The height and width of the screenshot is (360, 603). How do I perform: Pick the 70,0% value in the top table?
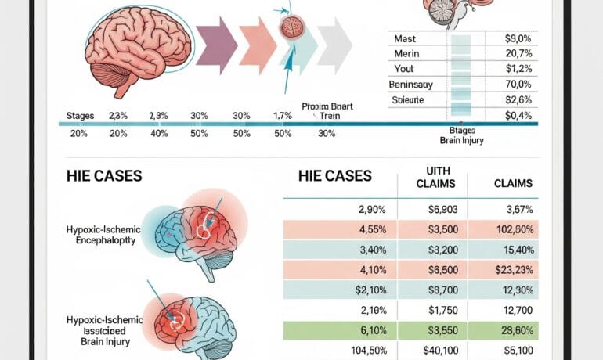coord(518,84)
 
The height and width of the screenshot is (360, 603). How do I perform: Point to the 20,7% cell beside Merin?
coord(518,52)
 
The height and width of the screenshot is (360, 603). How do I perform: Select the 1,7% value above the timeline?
coord(282,115)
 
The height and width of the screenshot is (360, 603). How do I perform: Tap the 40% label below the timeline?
coord(158,133)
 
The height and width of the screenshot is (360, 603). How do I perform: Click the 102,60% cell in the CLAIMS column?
coord(515,230)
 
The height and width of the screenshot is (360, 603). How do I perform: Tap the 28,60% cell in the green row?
coord(515,330)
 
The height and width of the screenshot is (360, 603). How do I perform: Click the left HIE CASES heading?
coord(104,176)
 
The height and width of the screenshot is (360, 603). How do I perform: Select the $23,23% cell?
coord(515,270)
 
